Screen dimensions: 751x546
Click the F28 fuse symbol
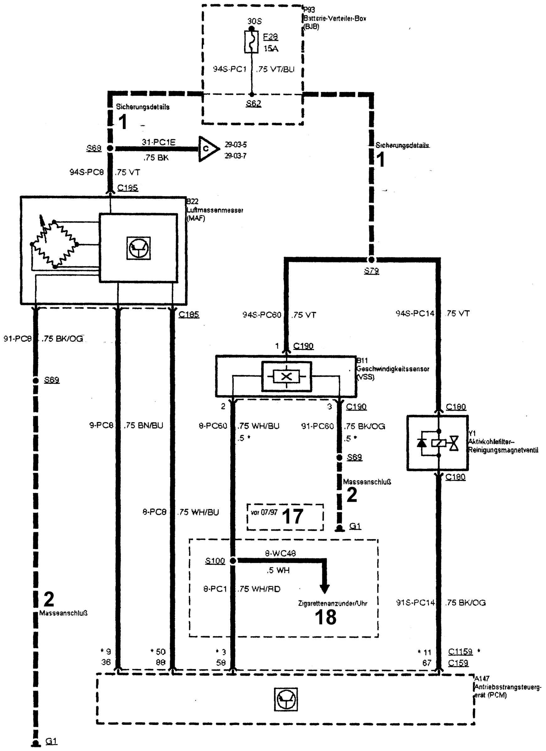(252, 42)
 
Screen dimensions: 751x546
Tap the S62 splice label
(253, 104)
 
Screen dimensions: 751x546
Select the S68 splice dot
(110, 149)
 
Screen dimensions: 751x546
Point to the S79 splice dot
(371, 260)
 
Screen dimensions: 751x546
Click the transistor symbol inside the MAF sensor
(139, 248)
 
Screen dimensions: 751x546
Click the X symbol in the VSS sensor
(286, 377)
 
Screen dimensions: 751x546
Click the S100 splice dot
(233, 561)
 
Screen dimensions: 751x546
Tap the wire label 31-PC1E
(159, 142)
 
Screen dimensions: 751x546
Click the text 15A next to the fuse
(271, 49)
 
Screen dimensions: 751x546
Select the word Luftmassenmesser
(215, 210)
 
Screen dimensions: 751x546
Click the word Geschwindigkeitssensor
(392, 369)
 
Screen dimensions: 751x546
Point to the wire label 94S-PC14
(415, 313)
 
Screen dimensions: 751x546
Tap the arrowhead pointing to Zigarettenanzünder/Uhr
(325, 588)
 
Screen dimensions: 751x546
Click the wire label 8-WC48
(280, 553)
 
